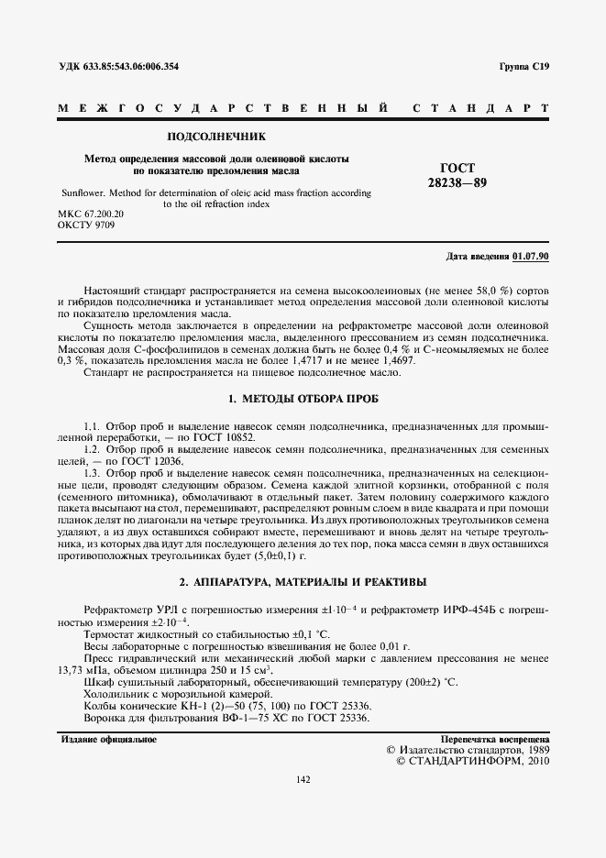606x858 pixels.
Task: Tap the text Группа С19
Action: tap(523, 67)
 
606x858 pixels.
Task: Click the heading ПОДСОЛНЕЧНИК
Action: tap(215, 137)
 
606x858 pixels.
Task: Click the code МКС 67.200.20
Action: tap(90, 214)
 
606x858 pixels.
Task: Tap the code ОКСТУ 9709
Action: tap(85, 225)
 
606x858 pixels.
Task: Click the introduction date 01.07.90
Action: tap(531, 256)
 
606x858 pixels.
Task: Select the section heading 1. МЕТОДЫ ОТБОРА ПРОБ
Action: tap(303, 400)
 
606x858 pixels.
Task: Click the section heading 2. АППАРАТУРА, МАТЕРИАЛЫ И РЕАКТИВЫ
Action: tap(303, 582)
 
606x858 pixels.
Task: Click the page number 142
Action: tap(303, 780)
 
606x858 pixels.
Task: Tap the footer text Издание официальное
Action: tap(108, 738)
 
